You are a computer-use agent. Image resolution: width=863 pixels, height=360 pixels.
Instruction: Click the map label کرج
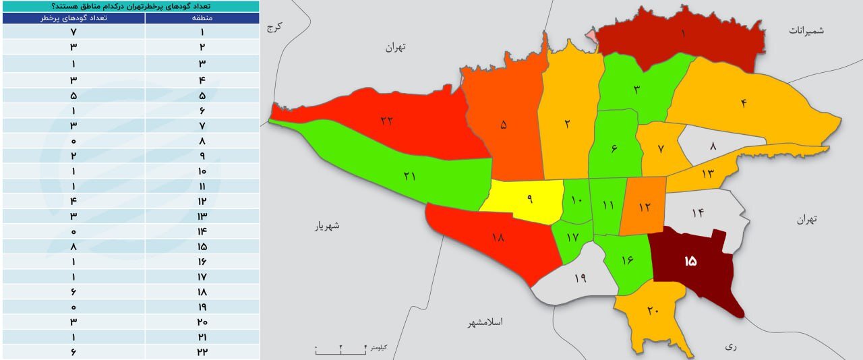coord(273,27)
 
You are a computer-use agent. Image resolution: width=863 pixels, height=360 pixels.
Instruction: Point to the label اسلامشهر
coord(486,322)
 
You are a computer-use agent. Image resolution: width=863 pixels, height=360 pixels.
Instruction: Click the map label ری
coord(731,347)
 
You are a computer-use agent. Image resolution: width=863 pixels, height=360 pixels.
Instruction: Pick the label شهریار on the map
coord(327,226)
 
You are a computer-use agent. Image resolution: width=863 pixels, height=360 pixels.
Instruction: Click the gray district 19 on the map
coord(580,278)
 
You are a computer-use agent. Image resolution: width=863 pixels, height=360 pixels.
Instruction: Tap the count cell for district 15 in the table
coord(73,247)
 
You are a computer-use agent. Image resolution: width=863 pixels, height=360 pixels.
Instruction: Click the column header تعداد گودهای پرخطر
coord(73,18)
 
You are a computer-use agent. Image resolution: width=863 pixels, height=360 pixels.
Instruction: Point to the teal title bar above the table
coord(129,5)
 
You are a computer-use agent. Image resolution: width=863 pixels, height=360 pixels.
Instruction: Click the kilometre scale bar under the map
coord(340,349)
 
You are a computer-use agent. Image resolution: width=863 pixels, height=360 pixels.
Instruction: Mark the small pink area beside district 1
coord(591,34)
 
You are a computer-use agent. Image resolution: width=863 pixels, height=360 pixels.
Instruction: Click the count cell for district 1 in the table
coord(73,32)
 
